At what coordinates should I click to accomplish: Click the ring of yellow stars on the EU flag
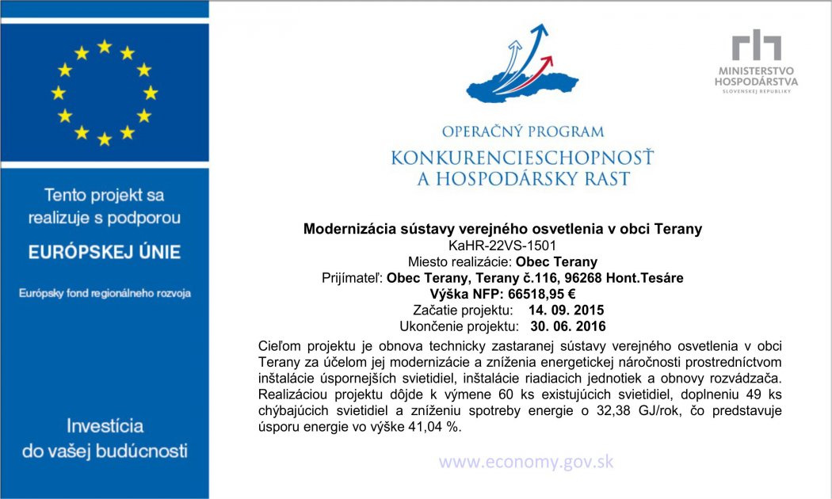[x=104, y=93]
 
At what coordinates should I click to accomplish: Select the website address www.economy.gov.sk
[x=526, y=462]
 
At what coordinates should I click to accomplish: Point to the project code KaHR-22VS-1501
[x=502, y=246]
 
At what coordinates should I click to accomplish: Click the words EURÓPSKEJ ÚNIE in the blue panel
[x=105, y=253]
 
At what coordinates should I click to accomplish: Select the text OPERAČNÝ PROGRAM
[x=523, y=131]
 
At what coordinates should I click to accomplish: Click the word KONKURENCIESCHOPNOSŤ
[x=523, y=158]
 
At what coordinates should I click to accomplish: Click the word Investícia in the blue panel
[x=105, y=425]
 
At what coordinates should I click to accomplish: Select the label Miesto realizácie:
[x=460, y=262]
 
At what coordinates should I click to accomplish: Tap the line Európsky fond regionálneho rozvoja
[x=105, y=294]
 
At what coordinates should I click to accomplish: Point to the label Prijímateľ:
[x=353, y=278]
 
